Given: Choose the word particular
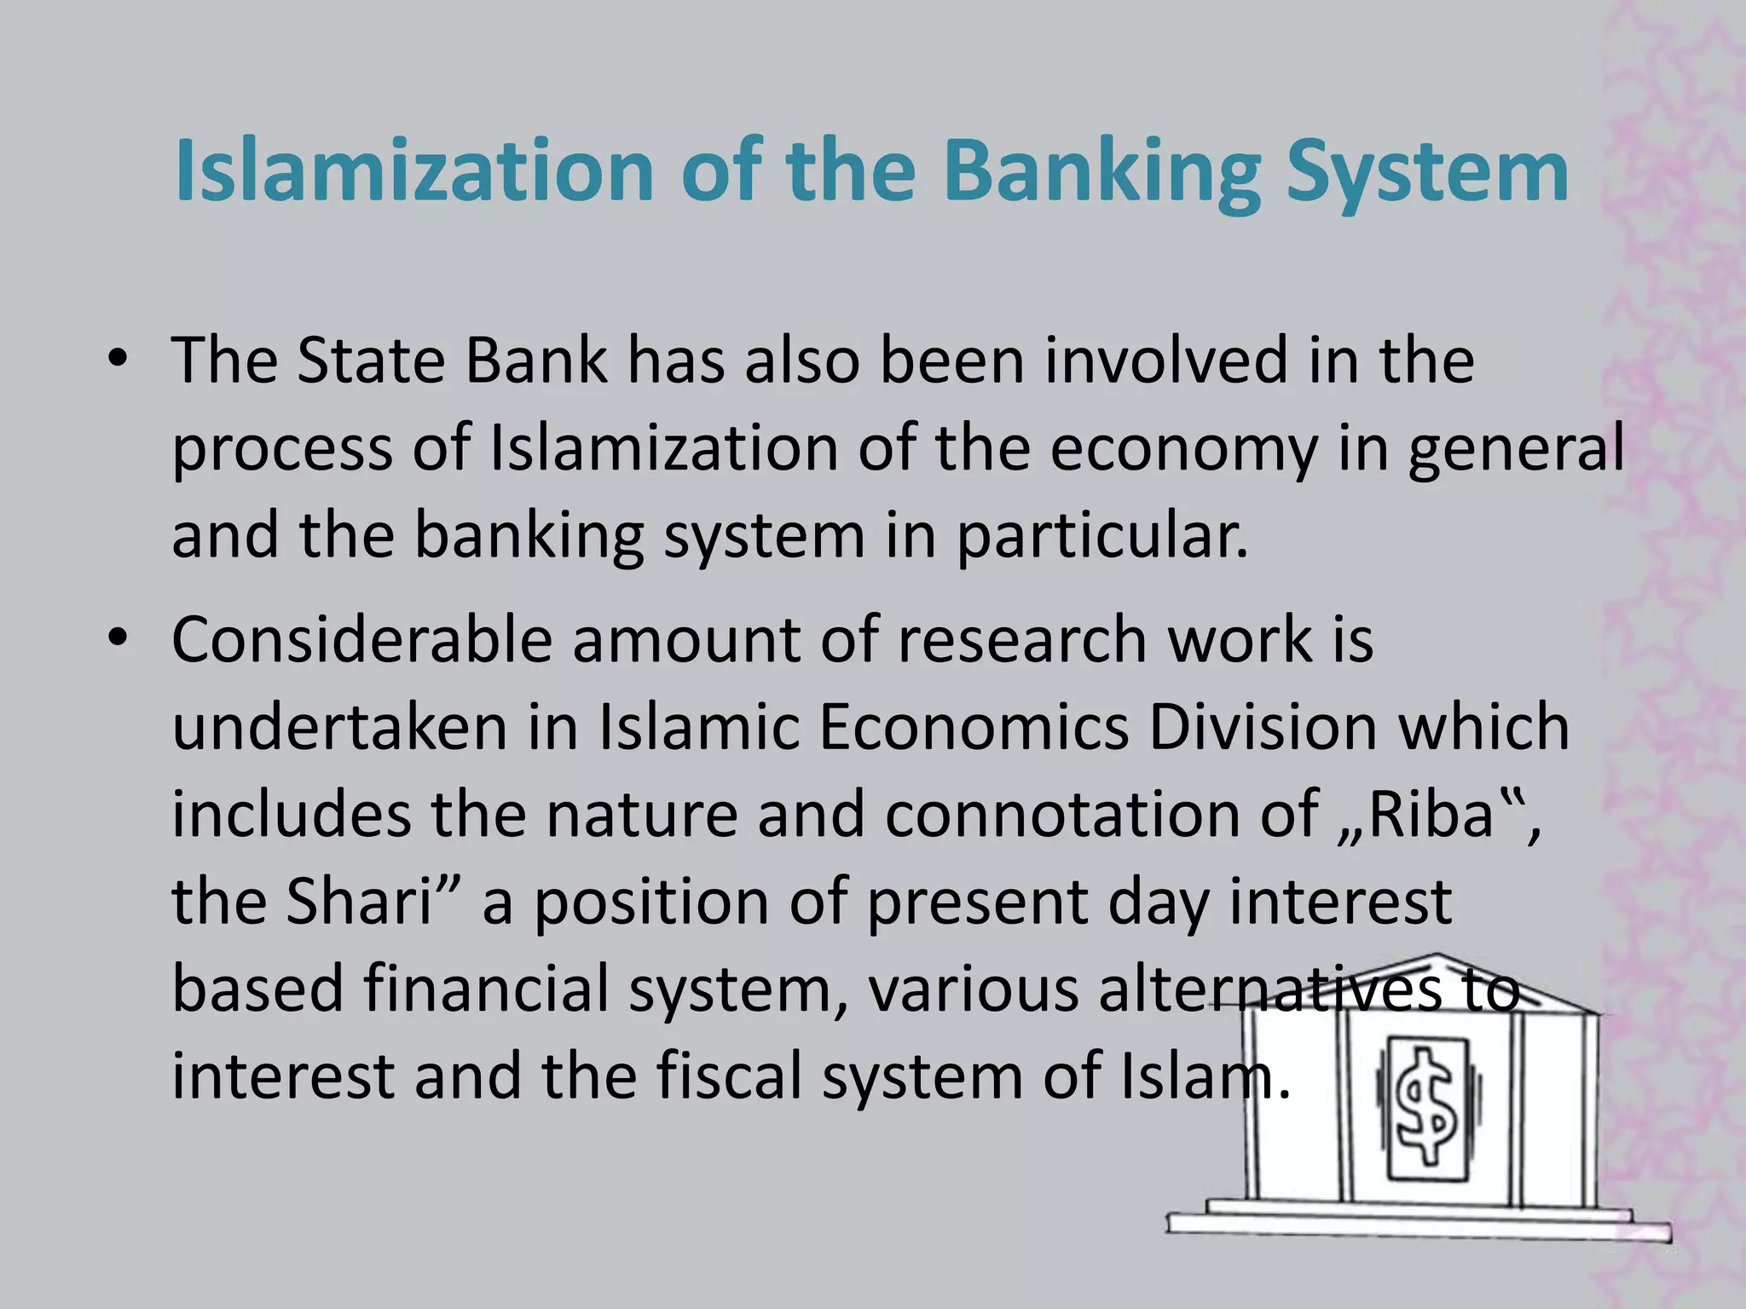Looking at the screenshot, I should coord(1101,538).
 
